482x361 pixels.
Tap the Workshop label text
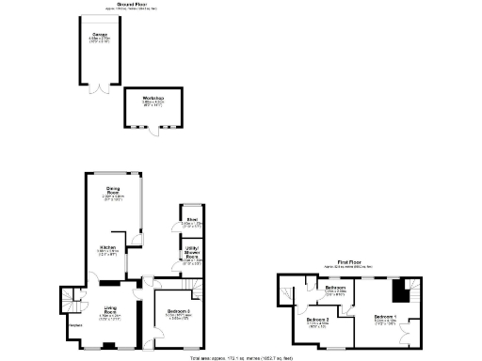coord(154,97)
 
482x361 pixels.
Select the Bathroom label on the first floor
coord(336,288)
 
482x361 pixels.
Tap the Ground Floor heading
coord(132,5)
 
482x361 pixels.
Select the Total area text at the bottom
coord(241,358)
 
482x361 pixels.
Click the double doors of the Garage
coord(94,89)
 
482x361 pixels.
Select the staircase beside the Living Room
coord(72,303)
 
